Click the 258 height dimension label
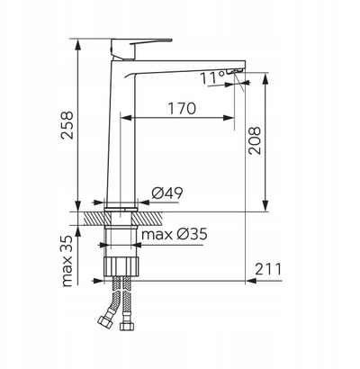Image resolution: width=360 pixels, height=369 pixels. (67, 125)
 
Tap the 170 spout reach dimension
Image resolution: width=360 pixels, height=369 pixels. (182, 108)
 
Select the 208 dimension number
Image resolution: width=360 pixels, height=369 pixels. (254, 140)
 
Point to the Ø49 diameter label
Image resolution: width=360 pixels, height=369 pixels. (167, 193)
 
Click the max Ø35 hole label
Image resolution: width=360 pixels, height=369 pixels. (175, 234)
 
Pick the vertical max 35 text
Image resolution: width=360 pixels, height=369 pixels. (67, 261)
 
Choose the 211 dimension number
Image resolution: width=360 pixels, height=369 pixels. (268, 269)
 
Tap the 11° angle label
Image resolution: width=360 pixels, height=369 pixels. (212, 78)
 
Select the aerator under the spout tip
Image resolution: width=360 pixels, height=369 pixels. (235, 71)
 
